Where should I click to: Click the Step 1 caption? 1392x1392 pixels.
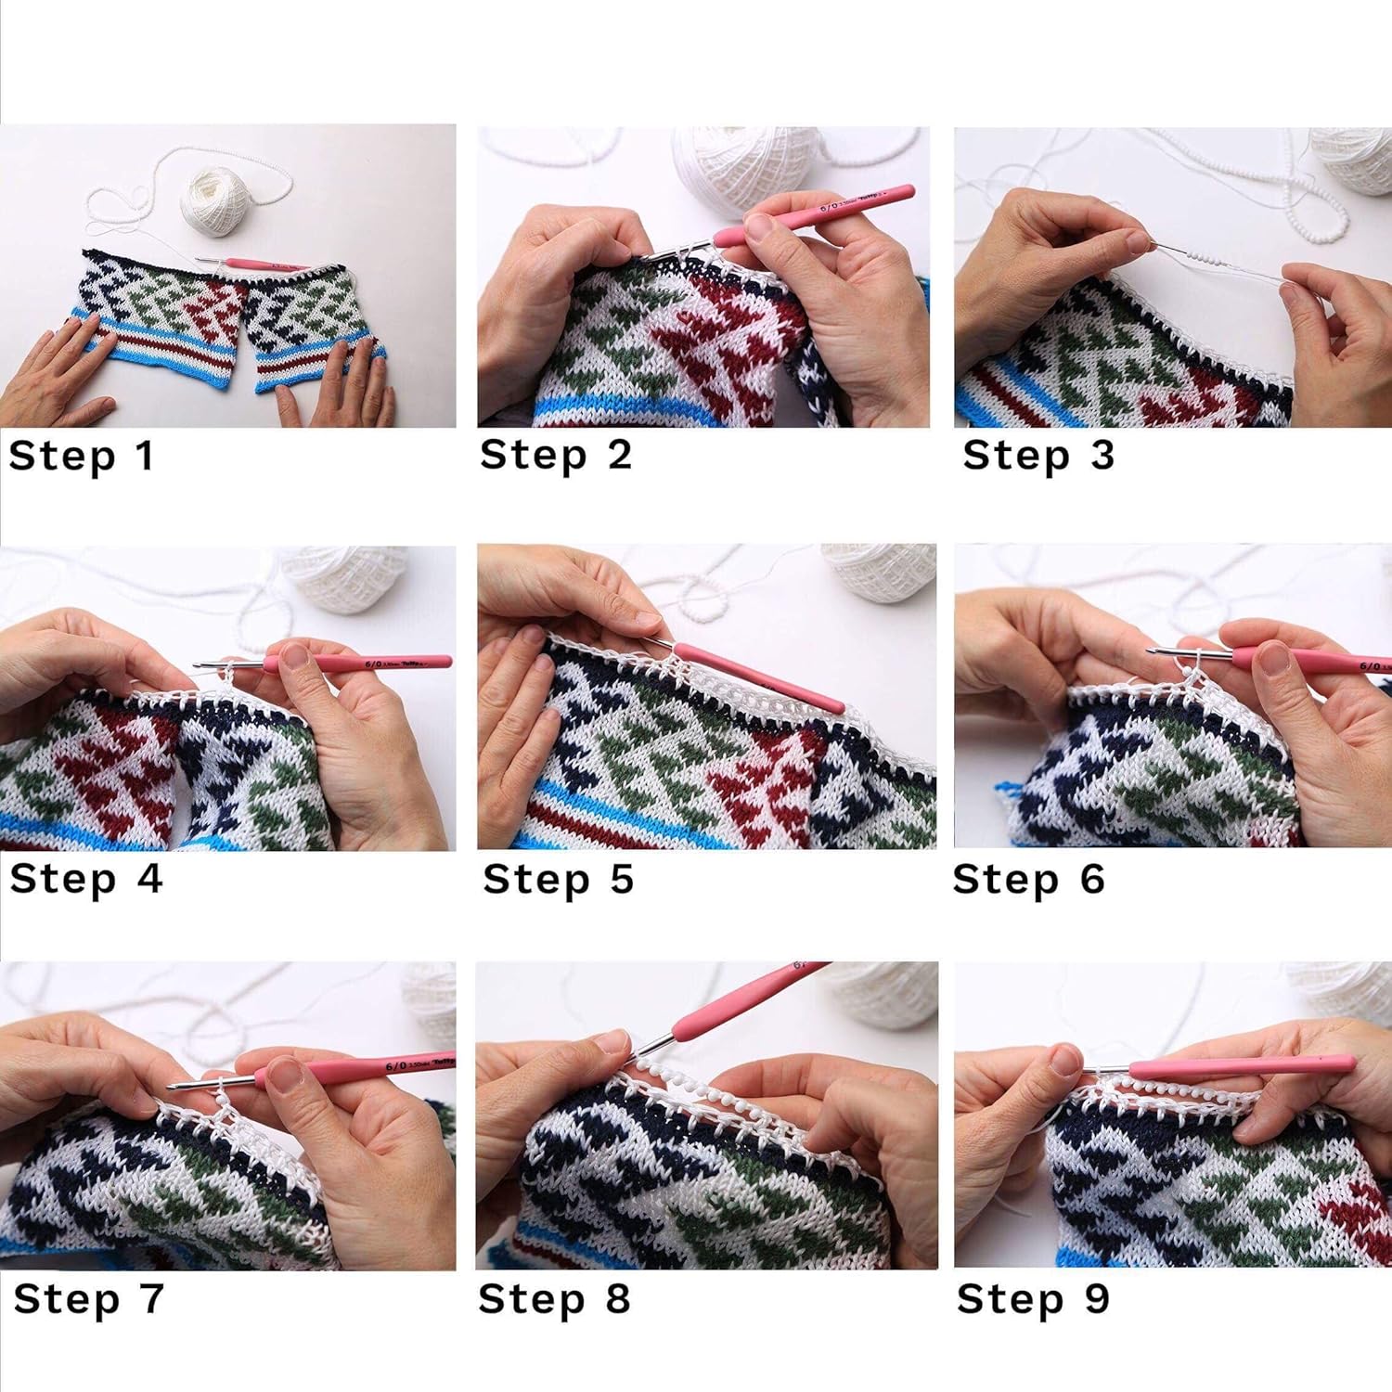(81, 457)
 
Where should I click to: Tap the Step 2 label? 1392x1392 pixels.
(555, 456)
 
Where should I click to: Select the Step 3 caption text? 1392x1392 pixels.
(1038, 456)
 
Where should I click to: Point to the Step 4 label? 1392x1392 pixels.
(86, 879)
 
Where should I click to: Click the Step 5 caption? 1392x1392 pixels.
(558, 879)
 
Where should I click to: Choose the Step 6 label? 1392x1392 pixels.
(1028, 879)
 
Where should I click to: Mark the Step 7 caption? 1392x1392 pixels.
(89, 1298)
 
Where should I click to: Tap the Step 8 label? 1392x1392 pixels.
(554, 1298)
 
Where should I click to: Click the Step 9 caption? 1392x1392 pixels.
(1033, 1298)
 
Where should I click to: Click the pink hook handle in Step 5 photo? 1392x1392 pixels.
(756, 677)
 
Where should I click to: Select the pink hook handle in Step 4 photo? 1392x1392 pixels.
(371, 663)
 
